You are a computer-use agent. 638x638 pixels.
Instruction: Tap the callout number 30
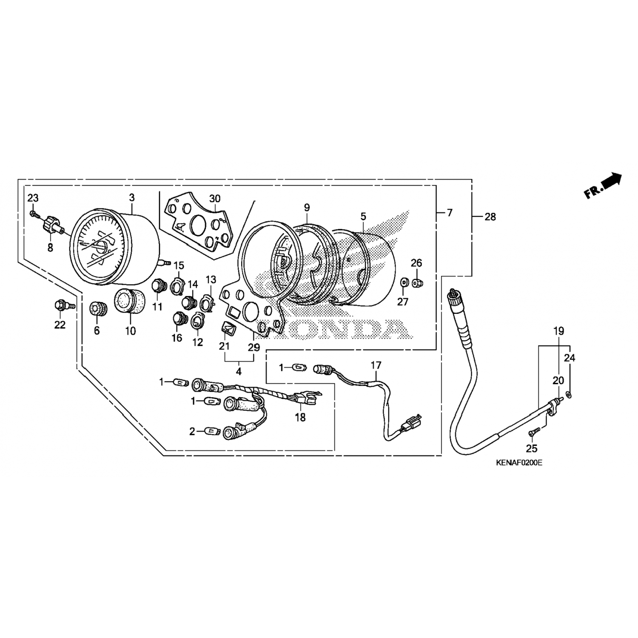(x=215, y=199)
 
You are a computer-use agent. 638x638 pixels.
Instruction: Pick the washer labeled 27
(x=403, y=282)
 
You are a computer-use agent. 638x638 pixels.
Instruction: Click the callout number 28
(x=490, y=217)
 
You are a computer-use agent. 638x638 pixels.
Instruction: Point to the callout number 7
(x=450, y=213)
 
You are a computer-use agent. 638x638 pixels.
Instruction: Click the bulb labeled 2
(x=211, y=431)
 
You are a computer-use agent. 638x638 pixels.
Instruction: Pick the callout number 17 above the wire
(x=376, y=365)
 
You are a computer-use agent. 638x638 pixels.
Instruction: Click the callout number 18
(x=300, y=418)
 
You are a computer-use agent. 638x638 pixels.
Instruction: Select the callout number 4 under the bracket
(x=239, y=371)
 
